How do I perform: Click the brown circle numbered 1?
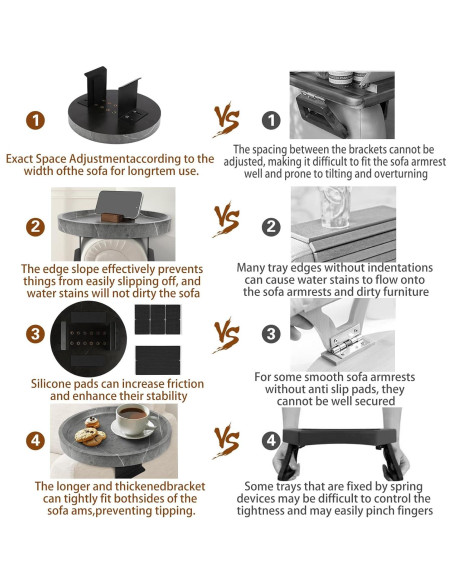click(x=35, y=121)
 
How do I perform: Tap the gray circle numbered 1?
click(x=271, y=120)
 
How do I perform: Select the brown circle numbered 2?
click(x=35, y=227)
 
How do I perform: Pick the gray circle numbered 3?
click(x=271, y=334)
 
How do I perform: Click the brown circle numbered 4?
click(x=35, y=441)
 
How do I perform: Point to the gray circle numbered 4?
click(x=271, y=441)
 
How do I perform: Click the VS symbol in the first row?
click(x=226, y=120)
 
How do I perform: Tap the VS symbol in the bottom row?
click(x=226, y=441)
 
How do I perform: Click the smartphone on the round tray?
click(x=119, y=205)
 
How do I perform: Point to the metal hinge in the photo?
click(x=345, y=342)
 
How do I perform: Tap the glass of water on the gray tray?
click(x=334, y=207)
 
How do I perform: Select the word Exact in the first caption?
click(x=19, y=159)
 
